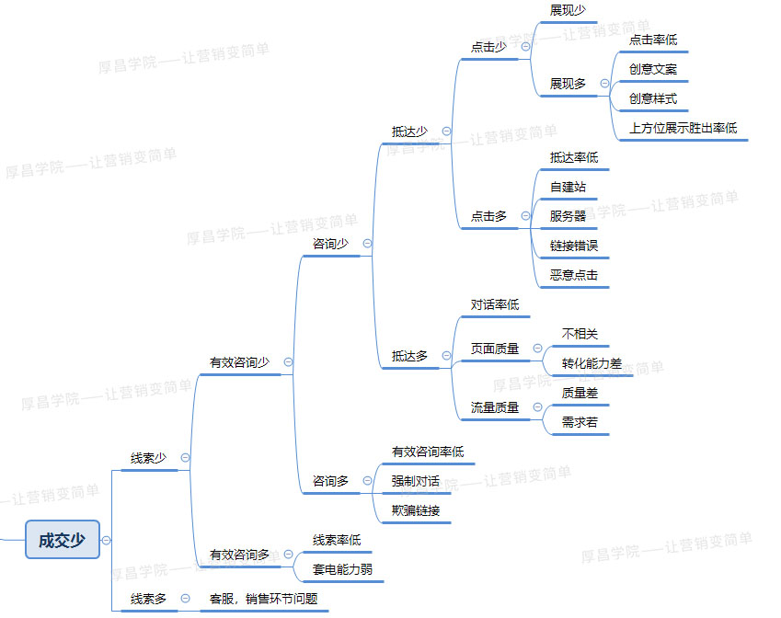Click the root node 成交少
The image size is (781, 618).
[63, 540]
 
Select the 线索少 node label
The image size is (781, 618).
[148, 458]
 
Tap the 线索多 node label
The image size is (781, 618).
[148, 599]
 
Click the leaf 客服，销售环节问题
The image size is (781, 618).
[263, 599]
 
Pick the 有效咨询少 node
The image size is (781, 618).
[239, 362]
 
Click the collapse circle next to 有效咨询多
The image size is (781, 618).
[289, 555]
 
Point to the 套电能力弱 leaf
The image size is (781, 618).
[343, 569]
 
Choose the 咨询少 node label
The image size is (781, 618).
[331, 244]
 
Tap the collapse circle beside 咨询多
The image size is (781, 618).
[368, 481]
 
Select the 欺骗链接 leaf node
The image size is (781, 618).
[416, 510]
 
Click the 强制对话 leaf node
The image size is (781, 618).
[416, 481]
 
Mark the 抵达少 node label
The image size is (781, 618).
[410, 132]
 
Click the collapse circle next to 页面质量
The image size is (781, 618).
[538, 349]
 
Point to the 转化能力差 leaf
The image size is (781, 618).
[591, 363]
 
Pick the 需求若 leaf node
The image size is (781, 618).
[580, 422]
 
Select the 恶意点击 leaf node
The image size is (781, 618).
[574, 275]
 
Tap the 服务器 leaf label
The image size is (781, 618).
[568, 216]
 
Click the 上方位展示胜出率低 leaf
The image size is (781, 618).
[683, 128]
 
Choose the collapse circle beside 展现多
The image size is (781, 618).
[604, 83]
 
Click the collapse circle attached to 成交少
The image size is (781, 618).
[106, 540]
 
